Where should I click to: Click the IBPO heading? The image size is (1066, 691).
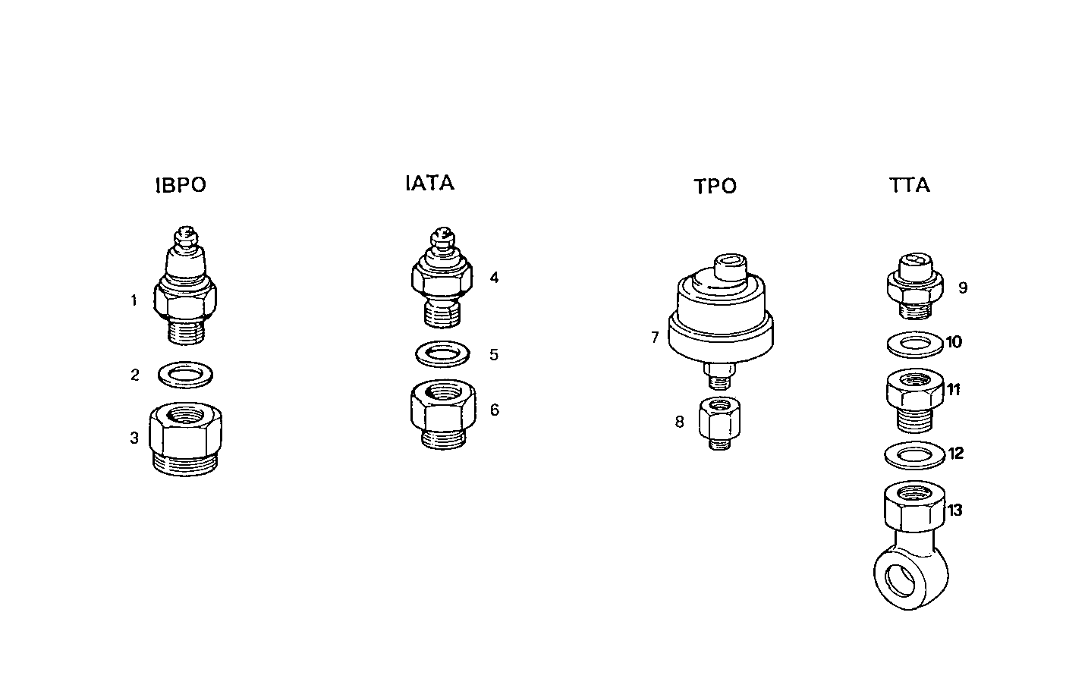coord(181,186)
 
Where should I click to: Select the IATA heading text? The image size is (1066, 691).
coord(429,184)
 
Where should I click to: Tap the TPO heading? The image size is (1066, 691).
coord(715,187)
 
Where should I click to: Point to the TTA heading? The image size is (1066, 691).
coord(909,186)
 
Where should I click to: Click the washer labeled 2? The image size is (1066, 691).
coord(185,374)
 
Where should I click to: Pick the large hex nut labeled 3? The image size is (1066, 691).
coord(186,438)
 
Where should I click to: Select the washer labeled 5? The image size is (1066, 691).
coord(442,353)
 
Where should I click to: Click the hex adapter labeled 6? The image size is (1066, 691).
coord(443,413)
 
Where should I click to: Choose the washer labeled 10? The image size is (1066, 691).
coord(914,344)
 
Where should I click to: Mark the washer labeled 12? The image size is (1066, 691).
coord(914,454)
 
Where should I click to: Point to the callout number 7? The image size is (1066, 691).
coord(655,338)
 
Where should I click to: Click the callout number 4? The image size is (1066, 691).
coord(494,278)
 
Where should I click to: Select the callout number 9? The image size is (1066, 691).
coord(963,288)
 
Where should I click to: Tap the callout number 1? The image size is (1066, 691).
coord(134,301)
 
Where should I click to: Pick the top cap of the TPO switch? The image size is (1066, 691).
coord(731,266)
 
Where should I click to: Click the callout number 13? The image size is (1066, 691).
coord(954,510)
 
